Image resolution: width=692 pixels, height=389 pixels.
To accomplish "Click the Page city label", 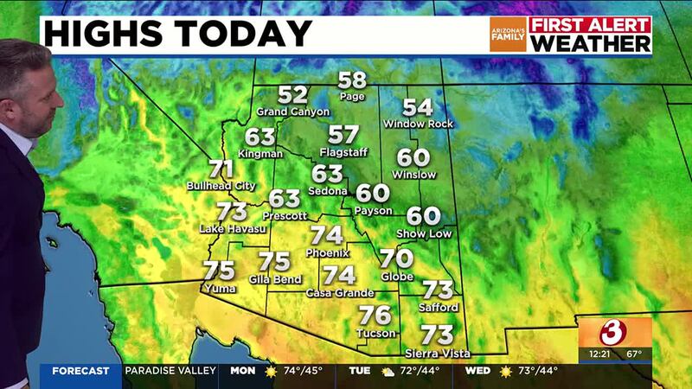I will (x=353, y=98).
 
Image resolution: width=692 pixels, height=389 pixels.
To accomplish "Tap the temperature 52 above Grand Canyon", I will (x=293, y=95).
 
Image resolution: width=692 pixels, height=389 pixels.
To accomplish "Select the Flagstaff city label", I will (x=343, y=152).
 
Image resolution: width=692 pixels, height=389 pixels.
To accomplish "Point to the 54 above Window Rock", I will (x=418, y=107).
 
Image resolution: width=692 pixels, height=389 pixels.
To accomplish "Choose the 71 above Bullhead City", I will (x=222, y=169).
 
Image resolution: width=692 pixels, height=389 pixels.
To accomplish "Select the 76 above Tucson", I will (x=375, y=316).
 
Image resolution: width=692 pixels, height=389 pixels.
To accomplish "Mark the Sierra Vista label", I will (x=438, y=353).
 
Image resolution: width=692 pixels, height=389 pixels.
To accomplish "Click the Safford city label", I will (x=439, y=307).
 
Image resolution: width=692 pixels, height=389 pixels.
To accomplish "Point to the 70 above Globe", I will (x=396, y=258).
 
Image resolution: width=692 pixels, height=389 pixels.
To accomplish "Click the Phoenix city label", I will (x=327, y=252).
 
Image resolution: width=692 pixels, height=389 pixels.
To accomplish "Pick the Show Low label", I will (x=424, y=233).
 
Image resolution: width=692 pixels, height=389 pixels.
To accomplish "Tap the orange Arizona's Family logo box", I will (x=507, y=35).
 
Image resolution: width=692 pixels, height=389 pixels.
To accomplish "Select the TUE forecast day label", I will (x=360, y=371).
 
